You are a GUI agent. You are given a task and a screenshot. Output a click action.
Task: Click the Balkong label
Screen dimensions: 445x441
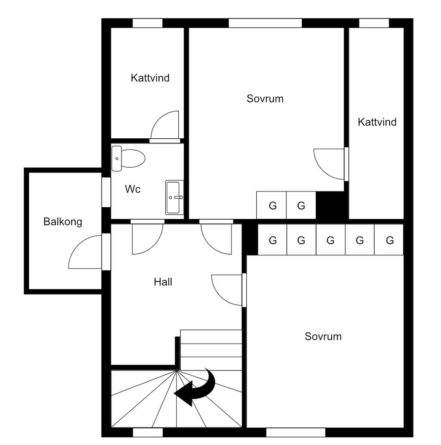[63, 222]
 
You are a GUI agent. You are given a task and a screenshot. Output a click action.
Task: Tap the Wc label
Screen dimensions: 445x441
[133, 189]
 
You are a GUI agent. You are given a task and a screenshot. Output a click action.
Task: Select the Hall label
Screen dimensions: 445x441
[163, 282]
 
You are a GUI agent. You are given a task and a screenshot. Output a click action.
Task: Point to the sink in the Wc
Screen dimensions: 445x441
[174, 197]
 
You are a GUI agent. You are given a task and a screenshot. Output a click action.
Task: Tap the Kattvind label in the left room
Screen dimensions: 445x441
[150, 78]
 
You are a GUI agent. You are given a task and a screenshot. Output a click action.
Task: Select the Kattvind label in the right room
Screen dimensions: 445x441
[377, 122]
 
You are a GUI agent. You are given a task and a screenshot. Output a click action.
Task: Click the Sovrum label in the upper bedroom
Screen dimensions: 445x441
[265, 99]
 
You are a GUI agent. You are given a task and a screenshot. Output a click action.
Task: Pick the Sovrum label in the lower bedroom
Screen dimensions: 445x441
[323, 336]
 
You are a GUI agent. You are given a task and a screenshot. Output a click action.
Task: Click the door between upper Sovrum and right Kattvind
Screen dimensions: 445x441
[329, 164]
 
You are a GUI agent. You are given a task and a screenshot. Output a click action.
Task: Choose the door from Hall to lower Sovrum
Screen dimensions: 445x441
[227, 290]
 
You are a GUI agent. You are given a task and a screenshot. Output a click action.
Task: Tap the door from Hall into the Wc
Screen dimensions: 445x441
[147, 238]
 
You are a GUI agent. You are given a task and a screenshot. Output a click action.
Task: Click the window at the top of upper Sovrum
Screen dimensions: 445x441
[265, 23]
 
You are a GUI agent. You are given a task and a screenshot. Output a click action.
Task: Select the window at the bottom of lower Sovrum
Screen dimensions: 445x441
[295, 432]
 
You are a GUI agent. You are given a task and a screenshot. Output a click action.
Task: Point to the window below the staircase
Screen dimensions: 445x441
[148, 432]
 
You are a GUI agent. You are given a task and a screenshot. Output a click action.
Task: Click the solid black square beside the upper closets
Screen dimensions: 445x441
[331, 205]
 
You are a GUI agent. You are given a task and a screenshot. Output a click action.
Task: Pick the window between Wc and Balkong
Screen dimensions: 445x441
[106, 192]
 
